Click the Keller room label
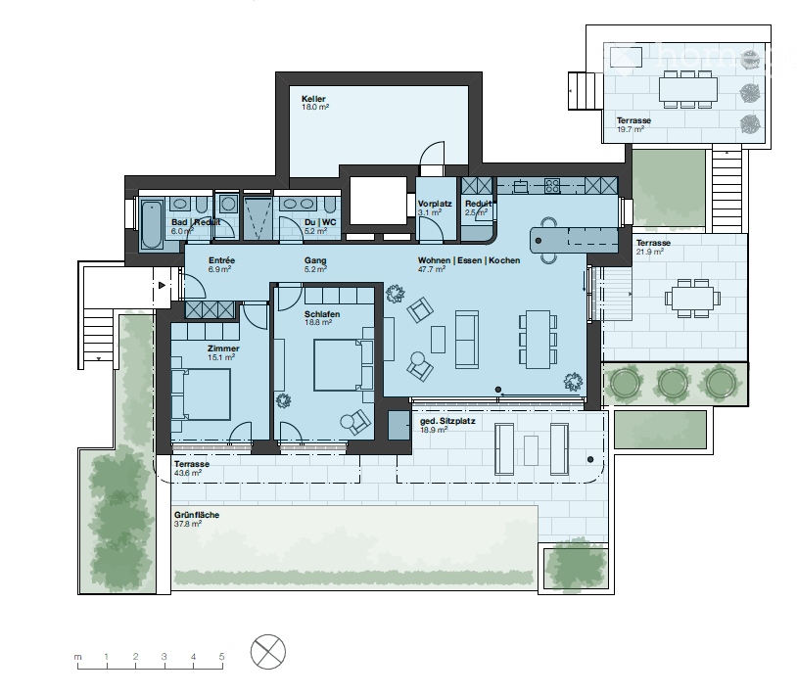pyautogui.click(x=313, y=99)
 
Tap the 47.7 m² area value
pyautogui.click(x=434, y=269)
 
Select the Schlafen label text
pyautogui.click(x=321, y=312)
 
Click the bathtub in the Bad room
pyautogui.click(x=154, y=225)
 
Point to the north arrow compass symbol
pyautogui.click(x=268, y=652)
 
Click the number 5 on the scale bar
pyautogui.click(x=222, y=656)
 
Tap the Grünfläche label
pyautogui.click(x=196, y=515)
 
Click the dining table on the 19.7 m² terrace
pyautogui.click(x=689, y=92)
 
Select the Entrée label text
pyautogui.click(x=194, y=260)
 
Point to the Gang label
pyautogui.click(x=313, y=260)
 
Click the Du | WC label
pyautogui.click(x=320, y=222)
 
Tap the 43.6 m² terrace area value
pyautogui.click(x=187, y=473)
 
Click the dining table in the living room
pyautogui.click(x=538, y=339)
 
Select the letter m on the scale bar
pyautogui.click(x=77, y=656)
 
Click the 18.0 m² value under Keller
pyautogui.click(x=315, y=108)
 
